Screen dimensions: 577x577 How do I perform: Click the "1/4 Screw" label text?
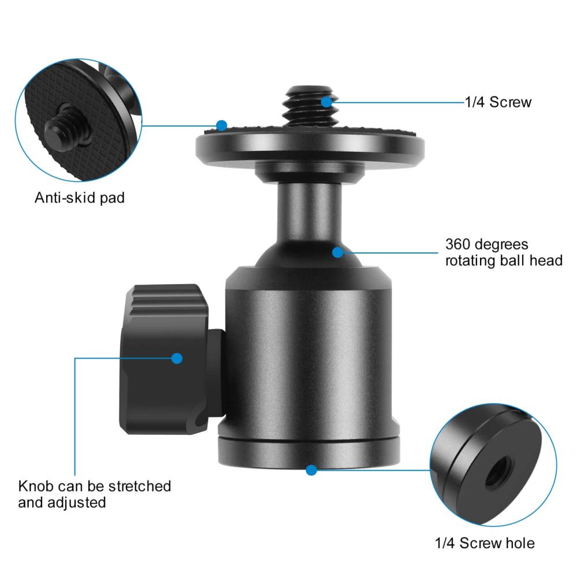[x=498, y=103]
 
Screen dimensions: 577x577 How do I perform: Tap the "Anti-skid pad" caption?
[x=80, y=198]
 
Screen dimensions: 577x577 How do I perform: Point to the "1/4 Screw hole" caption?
[x=485, y=543]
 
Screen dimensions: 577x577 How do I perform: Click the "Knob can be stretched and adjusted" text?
[x=95, y=493]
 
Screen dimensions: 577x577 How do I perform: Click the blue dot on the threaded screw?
[x=327, y=102]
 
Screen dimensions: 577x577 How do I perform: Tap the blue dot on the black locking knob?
[x=177, y=358]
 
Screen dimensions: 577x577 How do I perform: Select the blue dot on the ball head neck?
[x=338, y=251]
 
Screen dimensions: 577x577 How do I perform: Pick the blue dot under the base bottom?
[x=311, y=470]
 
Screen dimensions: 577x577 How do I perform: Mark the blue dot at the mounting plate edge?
[x=221, y=124]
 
